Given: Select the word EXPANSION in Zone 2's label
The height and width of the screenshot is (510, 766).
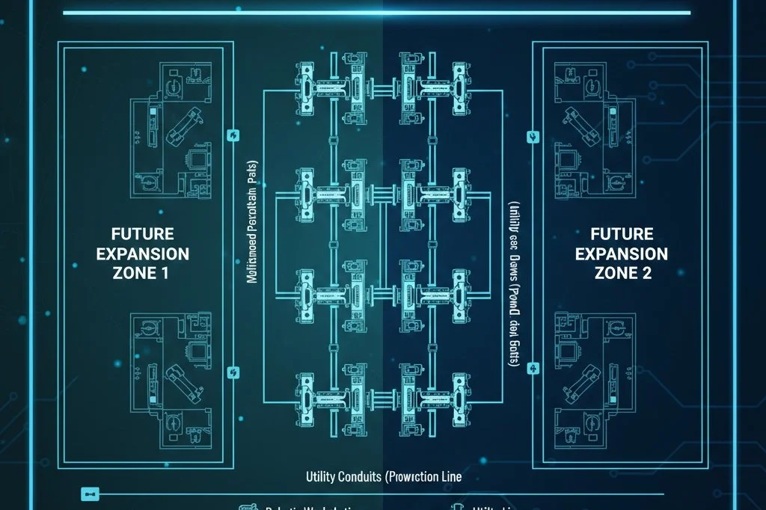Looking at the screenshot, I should coord(621,253).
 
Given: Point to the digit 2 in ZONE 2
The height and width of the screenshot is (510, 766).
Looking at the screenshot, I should coord(646,273).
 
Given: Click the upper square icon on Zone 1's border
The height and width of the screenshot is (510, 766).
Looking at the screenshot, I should coord(231,135).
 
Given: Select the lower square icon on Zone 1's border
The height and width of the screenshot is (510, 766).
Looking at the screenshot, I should coord(231,372).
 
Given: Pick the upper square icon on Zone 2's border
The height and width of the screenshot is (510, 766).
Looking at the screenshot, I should coord(533,136).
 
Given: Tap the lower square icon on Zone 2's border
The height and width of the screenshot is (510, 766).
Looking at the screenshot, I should coord(533,367).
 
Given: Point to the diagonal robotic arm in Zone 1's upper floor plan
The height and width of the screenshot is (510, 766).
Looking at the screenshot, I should coord(183,125).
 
